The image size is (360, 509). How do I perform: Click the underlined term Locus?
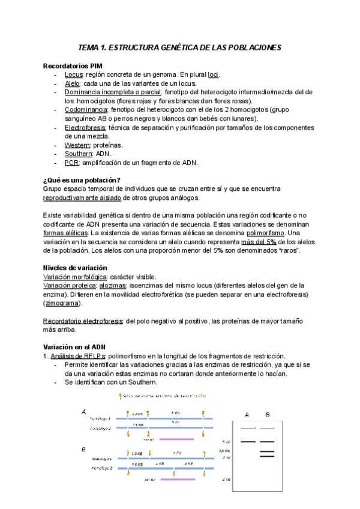point(74,74)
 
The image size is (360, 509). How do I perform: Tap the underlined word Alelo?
point(73,83)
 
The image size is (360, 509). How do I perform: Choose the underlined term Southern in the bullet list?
point(79,154)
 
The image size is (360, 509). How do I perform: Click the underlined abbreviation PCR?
point(71,163)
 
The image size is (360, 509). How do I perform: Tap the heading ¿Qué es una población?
point(82,181)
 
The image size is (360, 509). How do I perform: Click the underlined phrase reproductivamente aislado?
point(82,198)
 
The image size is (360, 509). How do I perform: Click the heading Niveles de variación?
point(75,268)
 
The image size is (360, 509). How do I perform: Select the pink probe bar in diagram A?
point(176,439)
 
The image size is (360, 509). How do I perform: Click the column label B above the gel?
point(268,415)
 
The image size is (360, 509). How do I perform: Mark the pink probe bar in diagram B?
point(178,480)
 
